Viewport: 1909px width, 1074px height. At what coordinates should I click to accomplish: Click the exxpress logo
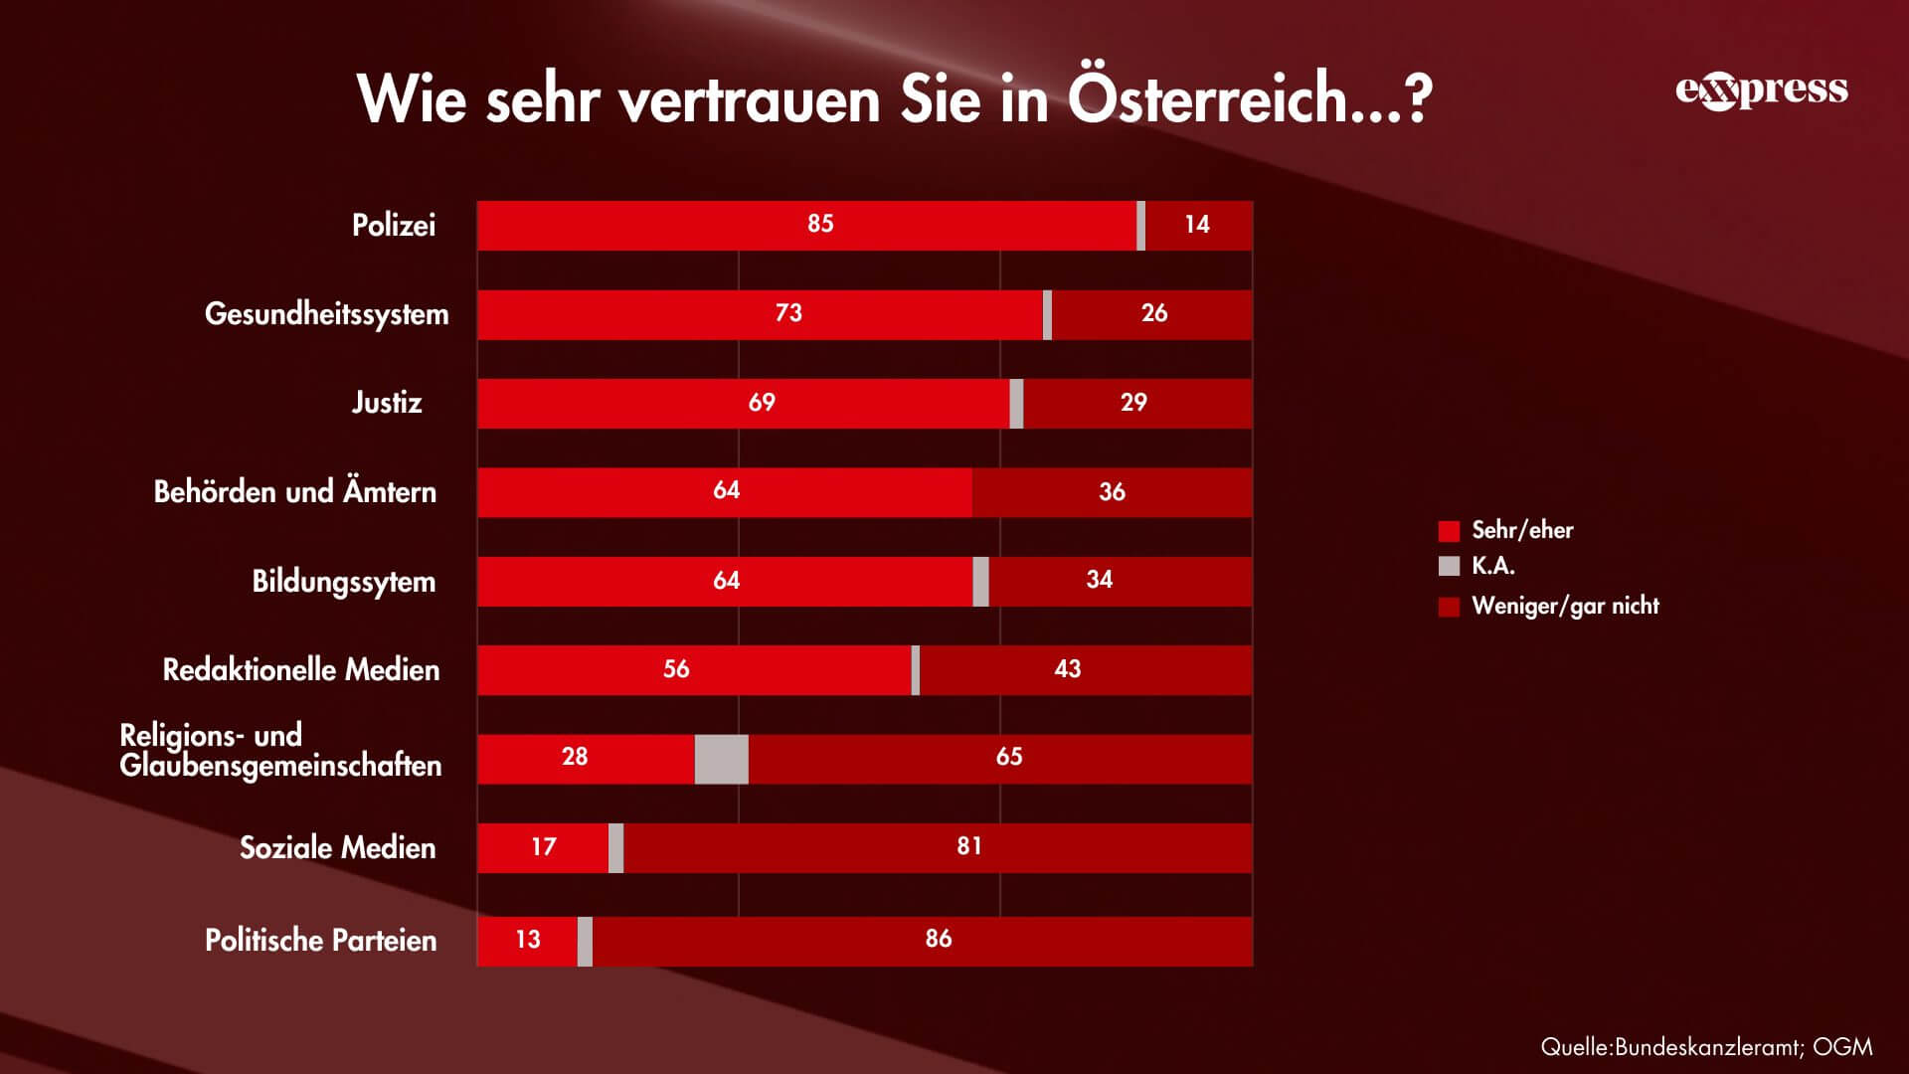[1761, 90]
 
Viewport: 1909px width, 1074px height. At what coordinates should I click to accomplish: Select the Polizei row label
[394, 226]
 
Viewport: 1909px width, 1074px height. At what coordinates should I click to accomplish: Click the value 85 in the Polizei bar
[820, 225]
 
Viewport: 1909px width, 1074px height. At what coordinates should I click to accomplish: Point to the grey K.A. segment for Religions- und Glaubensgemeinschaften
[721, 759]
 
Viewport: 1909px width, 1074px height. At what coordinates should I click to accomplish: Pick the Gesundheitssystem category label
[326, 314]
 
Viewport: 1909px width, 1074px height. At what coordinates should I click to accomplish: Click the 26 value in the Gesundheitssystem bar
[1153, 313]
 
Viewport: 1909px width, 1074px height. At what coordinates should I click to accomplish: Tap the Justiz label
[387, 403]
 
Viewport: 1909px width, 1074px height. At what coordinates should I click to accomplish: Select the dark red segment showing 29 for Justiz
[1133, 403]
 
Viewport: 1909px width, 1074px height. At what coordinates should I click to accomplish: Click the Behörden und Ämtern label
[294, 492]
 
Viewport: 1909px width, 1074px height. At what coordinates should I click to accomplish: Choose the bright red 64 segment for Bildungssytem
[726, 581]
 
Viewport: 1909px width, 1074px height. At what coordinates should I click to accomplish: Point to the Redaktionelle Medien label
[300, 670]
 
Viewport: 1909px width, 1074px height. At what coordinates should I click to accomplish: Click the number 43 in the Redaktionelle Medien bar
[1067, 669]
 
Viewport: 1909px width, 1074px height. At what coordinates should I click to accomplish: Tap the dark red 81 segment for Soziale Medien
[968, 846]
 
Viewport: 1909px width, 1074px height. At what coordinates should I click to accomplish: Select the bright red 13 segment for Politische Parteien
[527, 940]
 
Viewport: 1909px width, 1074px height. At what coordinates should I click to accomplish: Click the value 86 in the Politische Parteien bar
[938, 939]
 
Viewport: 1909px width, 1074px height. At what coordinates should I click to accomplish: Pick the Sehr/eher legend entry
[1521, 530]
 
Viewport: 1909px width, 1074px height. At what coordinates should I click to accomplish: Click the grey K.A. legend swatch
[1449, 566]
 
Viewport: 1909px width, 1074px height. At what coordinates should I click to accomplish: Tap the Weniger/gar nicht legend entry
[1564, 606]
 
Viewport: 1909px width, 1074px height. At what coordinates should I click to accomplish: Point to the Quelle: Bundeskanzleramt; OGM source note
[1706, 1046]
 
